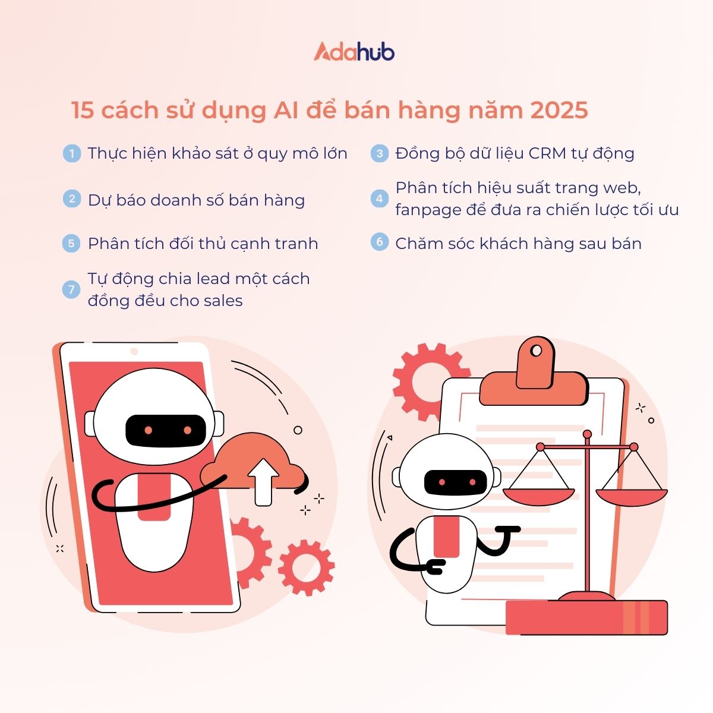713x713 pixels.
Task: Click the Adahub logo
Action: [x=354, y=52]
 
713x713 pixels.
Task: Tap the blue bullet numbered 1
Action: [x=72, y=153]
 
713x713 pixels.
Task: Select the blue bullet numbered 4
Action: [x=379, y=198]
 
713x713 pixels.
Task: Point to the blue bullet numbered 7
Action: [x=71, y=289]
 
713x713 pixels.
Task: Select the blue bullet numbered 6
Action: [x=379, y=242]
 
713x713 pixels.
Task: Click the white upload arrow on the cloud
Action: [x=263, y=482]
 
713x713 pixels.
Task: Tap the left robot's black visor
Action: [x=165, y=430]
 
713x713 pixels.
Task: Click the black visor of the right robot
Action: [x=456, y=482]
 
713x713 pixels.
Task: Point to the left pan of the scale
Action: [x=538, y=497]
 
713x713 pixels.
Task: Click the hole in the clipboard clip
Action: [x=536, y=351]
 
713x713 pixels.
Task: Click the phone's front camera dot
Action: [x=134, y=351]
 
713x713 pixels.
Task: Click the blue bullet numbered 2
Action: [x=72, y=198]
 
